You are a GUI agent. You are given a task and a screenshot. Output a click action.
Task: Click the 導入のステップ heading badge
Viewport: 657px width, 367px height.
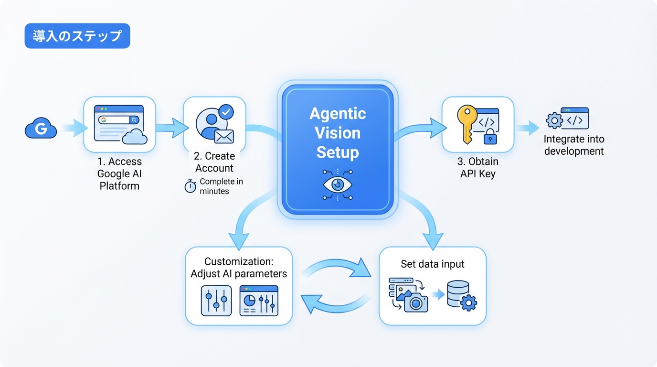pos(77,36)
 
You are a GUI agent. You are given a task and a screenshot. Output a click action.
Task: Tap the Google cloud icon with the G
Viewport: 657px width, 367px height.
pos(41,129)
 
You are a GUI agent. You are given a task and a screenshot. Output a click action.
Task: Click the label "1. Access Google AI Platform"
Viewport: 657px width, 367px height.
pos(119,173)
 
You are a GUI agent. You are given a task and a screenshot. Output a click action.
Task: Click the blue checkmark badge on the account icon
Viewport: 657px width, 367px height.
pos(226,112)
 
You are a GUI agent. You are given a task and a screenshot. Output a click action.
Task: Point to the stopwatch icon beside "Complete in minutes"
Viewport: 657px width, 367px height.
pos(191,186)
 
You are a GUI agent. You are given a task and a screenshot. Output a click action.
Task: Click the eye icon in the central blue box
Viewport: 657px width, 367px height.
pos(337,184)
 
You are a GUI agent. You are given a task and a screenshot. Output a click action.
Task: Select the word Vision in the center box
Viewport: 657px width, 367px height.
pos(338,133)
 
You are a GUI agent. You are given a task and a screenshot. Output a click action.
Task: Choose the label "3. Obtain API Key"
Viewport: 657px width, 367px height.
pos(477,167)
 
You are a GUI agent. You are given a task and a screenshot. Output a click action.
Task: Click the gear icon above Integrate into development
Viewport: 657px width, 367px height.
pos(554,120)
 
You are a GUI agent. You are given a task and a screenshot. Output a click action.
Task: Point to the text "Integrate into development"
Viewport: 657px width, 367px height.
pos(573,145)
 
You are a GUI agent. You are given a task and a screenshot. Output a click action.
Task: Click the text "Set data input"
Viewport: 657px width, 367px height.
pos(433,264)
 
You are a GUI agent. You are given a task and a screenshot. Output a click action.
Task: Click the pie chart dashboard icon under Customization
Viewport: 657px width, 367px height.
pos(259,301)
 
